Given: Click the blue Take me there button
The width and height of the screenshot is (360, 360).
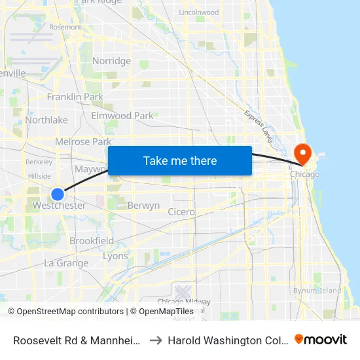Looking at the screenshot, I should coord(180,160).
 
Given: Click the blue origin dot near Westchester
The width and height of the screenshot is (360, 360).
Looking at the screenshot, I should coord(58,194).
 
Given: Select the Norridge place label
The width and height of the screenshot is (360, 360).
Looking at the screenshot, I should coord(111,61).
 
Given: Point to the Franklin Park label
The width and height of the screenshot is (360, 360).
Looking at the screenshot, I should coord(75,97).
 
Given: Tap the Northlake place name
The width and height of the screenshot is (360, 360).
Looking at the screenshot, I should coord(46,120).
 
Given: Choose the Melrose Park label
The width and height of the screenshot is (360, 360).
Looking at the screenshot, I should coord(83,141).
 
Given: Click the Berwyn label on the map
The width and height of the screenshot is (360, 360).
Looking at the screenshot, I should coord(143,206).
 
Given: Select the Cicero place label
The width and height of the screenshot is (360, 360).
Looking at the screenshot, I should coord(181,211).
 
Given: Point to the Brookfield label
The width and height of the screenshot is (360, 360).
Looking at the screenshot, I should coord(92,241).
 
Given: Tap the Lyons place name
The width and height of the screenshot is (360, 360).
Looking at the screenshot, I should coord(116,256).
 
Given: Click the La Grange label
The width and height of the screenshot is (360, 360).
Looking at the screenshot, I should coord(66,263).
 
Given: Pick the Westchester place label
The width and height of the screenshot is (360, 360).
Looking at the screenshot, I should coord(60,206).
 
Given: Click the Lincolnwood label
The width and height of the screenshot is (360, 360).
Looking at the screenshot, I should coord(198,12).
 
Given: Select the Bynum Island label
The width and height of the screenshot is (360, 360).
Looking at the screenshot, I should coord(317,290).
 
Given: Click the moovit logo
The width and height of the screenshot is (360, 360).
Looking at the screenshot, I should coord(321,340).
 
